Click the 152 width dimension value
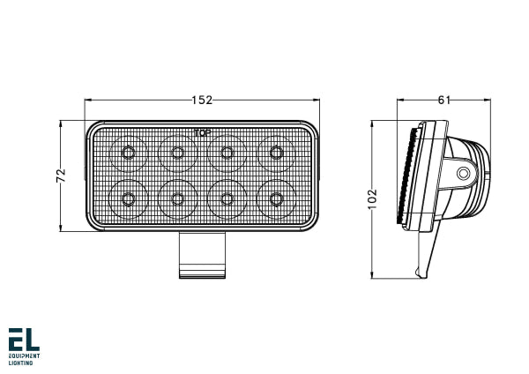tap(203, 101)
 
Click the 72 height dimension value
tap(61, 176)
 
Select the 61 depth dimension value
tap(443, 101)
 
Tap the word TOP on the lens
tap(202, 133)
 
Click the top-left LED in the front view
tap(130, 153)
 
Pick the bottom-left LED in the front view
tap(130, 198)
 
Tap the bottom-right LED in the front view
tap(277, 198)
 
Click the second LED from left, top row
tap(178, 153)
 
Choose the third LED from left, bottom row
tap(228, 198)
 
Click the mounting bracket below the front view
tap(203, 255)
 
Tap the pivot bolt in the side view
tap(463, 174)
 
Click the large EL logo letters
tap(24, 340)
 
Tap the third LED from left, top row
tap(228, 153)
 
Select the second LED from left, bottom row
tap(178, 198)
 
